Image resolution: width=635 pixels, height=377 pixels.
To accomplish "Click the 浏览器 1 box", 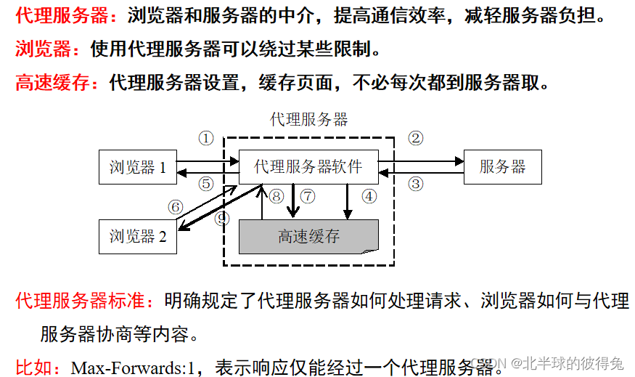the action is (138, 168).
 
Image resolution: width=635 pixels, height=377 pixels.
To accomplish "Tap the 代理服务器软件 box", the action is (308, 167).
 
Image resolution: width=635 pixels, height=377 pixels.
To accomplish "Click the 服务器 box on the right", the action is (502, 168).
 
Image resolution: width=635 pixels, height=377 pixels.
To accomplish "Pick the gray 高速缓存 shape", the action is (308, 237).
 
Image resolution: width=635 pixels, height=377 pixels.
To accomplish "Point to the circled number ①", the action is (206, 138).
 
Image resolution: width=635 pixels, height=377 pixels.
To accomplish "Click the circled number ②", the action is (415, 138).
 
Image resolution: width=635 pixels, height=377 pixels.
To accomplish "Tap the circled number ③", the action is (415, 184).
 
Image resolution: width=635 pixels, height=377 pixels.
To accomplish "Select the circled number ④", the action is (369, 196).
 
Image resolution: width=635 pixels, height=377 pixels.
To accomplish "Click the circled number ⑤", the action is (206, 184).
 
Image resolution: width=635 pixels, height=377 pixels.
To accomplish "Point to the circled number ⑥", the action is (175, 207).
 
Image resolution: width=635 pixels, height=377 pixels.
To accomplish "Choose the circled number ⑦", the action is (308, 196).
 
